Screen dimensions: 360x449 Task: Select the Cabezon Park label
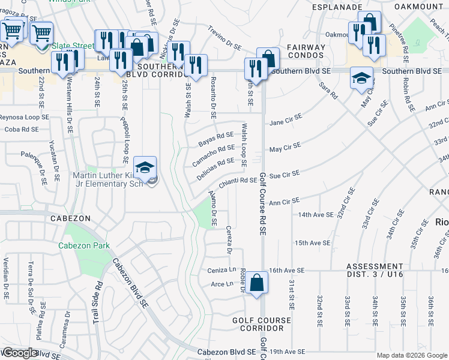[x=84, y=245]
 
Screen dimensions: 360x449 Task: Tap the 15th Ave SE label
[x=312, y=243]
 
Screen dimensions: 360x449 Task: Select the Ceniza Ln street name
[x=220, y=271]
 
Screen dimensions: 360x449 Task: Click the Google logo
[x=20, y=353]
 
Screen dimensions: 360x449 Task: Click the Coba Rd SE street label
[x=22, y=129]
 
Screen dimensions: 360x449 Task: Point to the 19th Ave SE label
[x=288, y=352]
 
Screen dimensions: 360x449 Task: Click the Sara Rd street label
[x=330, y=91]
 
